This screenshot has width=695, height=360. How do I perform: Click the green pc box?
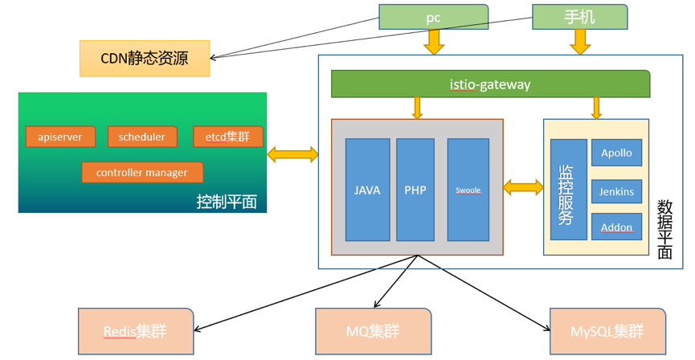tap(433, 17)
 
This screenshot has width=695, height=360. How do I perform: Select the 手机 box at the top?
tap(579, 17)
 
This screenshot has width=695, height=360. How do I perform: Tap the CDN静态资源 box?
tap(145, 59)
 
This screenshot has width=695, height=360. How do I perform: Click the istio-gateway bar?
tap(490, 84)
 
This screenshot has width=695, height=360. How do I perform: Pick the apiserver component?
tap(60, 137)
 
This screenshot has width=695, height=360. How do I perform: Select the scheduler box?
tap(142, 137)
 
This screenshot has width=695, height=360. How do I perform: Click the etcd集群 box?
tap(228, 137)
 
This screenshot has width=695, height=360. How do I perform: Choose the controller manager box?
tap(142, 172)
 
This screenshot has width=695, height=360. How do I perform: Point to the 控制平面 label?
tap(227, 201)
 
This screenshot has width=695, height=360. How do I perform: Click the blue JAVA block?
tap(367, 190)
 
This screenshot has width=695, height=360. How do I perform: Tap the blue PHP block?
tap(415, 190)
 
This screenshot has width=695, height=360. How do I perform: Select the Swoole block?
tap(468, 190)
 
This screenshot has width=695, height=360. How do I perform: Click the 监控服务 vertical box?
tap(568, 190)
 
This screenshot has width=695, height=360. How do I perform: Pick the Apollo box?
tap(617, 153)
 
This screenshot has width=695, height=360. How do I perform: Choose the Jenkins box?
tap(617, 191)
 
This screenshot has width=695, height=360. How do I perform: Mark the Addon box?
tap(617, 227)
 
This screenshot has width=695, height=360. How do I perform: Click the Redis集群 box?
tap(136, 331)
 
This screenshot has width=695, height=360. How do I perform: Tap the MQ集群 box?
tap(373, 331)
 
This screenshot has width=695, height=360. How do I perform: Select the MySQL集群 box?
tap(607, 331)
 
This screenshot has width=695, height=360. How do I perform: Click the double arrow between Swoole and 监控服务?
tap(523, 188)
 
